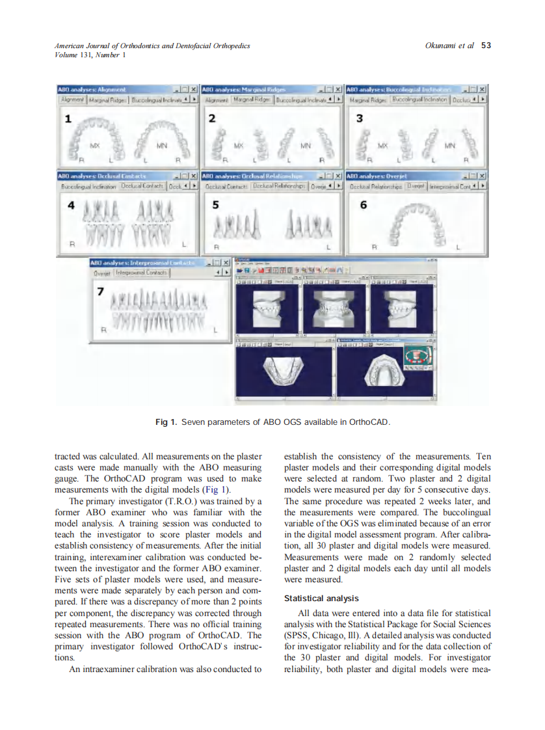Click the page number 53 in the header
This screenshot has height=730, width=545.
[x=486, y=46]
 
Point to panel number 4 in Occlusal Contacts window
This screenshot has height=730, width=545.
[x=71, y=205]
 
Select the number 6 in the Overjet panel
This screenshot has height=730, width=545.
[x=363, y=205]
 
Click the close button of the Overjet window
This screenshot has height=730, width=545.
[x=483, y=176]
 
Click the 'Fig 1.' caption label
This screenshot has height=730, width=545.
[x=165, y=422]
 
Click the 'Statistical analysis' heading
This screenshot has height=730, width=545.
[x=321, y=598]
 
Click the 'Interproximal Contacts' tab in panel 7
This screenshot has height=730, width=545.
[x=142, y=273]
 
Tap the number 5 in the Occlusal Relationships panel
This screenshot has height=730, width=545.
[x=216, y=205]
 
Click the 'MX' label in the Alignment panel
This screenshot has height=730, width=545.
[x=94, y=145]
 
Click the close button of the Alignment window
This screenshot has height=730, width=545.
[x=194, y=89]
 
